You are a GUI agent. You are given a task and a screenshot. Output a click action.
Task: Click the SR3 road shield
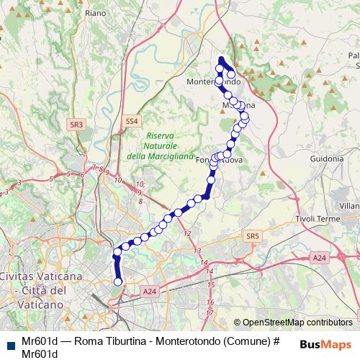click(76, 125)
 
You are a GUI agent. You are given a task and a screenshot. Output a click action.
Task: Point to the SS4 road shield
click(130, 122)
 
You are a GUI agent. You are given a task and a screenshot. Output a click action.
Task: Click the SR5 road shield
click(251, 236)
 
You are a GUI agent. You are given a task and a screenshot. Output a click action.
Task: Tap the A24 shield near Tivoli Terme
click(320, 257)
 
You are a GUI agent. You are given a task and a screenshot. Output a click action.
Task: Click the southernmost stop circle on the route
click(118, 282)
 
